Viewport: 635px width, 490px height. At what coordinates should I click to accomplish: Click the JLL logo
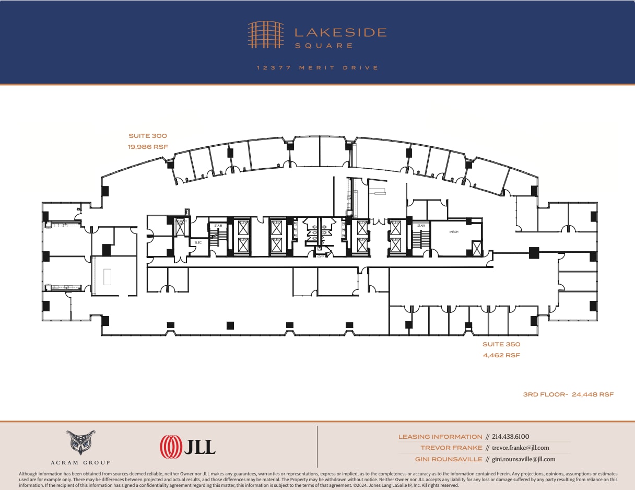pyautogui.click(x=187, y=447)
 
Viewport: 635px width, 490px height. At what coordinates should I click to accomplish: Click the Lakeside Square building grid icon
pyautogui.click(x=266, y=34)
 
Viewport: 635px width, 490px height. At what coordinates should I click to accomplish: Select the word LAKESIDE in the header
pyautogui.click(x=340, y=32)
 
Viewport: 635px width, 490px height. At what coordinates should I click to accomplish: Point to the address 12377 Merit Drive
pyautogui.click(x=317, y=68)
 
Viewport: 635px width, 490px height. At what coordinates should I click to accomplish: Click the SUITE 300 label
pyautogui.click(x=148, y=136)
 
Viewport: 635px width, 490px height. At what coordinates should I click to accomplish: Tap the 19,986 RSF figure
pyautogui.click(x=148, y=147)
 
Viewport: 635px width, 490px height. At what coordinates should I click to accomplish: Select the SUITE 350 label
pyautogui.click(x=501, y=344)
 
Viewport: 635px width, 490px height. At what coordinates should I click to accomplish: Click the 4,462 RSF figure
pyautogui.click(x=501, y=355)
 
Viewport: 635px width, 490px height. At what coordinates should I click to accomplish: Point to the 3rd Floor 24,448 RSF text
pyautogui.click(x=568, y=394)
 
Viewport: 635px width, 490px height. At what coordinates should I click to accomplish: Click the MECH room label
pyautogui.click(x=454, y=232)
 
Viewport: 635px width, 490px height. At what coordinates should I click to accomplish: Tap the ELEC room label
pyautogui.click(x=198, y=242)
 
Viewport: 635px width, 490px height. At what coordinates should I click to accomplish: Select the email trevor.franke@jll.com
pyautogui.click(x=521, y=448)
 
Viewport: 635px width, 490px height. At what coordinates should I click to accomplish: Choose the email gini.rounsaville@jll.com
pyautogui.click(x=524, y=459)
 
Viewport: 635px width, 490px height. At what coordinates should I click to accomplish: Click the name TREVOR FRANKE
pyautogui.click(x=451, y=448)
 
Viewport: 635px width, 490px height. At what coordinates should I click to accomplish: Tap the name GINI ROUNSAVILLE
pyautogui.click(x=449, y=459)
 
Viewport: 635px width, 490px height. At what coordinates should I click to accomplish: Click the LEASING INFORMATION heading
pyautogui.click(x=440, y=437)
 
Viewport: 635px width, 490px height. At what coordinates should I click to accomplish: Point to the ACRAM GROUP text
pyautogui.click(x=81, y=462)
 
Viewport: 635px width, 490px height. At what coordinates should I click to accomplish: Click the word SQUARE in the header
pyautogui.click(x=324, y=46)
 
